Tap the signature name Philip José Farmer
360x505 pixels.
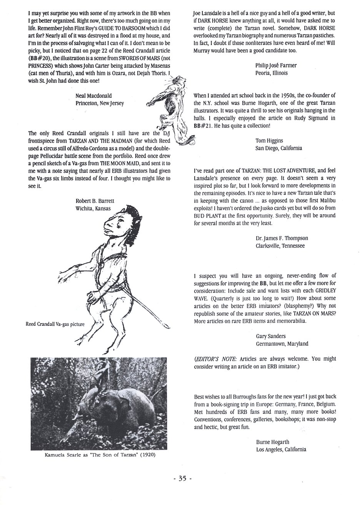(276, 65)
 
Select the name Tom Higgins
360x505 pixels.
(269, 141)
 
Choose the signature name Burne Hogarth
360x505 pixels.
(272, 442)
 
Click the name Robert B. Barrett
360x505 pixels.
(95, 200)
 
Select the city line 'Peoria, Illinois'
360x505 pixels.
(273, 73)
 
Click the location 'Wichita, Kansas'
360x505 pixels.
(93, 208)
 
